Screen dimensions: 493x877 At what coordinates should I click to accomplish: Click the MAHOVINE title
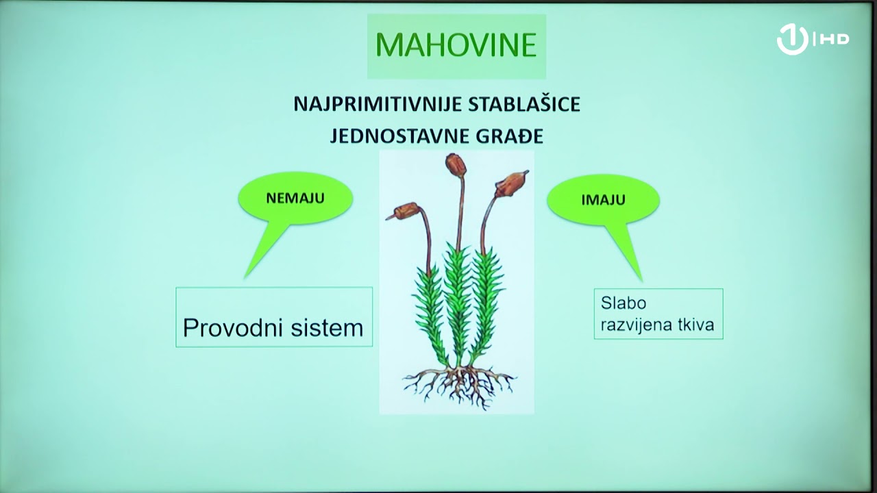[456, 45]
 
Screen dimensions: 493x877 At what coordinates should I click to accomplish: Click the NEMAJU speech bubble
[295, 199]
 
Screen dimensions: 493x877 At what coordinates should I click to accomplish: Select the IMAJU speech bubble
[603, 200]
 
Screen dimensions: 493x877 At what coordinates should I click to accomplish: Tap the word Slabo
[623, 303]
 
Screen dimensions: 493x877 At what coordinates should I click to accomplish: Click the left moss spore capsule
[404, 211]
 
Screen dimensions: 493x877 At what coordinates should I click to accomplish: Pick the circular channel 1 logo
[792, 40]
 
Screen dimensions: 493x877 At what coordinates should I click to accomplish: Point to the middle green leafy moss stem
[457, 301]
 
